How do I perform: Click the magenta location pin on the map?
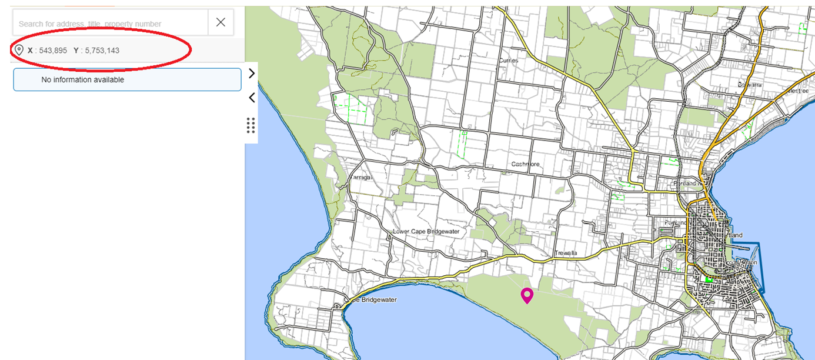coord(526,295)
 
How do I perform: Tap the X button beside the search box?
coord(221,22)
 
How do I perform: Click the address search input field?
coord(111,24)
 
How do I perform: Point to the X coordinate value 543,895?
coord(51,51)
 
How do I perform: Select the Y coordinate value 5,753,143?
coord(102,51)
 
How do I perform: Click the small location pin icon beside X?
coord(19,50)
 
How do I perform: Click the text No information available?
coord(83,79)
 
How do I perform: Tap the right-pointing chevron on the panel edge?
coord(252,73)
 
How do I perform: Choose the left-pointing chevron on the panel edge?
coord(252,98)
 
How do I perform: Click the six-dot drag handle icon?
coord(251,125)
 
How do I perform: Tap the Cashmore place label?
coord(525,164)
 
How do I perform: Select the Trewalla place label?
coord(566,254)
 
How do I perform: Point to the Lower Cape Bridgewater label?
coord(426,231)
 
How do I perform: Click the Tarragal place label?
coord(362,177)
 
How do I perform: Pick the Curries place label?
coord(508,60)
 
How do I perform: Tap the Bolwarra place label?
coord(750,85)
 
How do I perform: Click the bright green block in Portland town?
coord(709,279)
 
